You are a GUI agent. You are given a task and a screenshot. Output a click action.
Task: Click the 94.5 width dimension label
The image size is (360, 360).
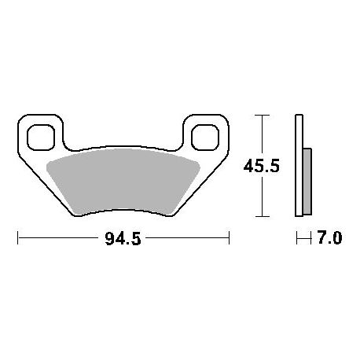point(123,238)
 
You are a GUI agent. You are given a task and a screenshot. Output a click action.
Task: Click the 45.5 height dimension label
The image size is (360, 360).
point(262,166)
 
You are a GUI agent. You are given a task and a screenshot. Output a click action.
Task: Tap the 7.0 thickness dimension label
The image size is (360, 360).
point(329,237)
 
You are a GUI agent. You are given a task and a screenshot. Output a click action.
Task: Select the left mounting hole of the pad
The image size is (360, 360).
point(41,138)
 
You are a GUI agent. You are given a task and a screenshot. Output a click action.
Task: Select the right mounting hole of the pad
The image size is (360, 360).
point(205,138)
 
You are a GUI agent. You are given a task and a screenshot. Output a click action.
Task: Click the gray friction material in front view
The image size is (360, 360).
point(123,181)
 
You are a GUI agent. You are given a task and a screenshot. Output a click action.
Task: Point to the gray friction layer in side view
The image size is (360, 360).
point(307,182)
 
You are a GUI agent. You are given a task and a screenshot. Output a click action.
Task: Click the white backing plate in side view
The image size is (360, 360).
point(299,165)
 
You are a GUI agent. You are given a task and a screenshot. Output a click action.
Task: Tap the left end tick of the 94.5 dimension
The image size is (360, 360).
point(18,237)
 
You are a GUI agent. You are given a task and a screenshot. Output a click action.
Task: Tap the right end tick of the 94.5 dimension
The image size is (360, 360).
point(229,237)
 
